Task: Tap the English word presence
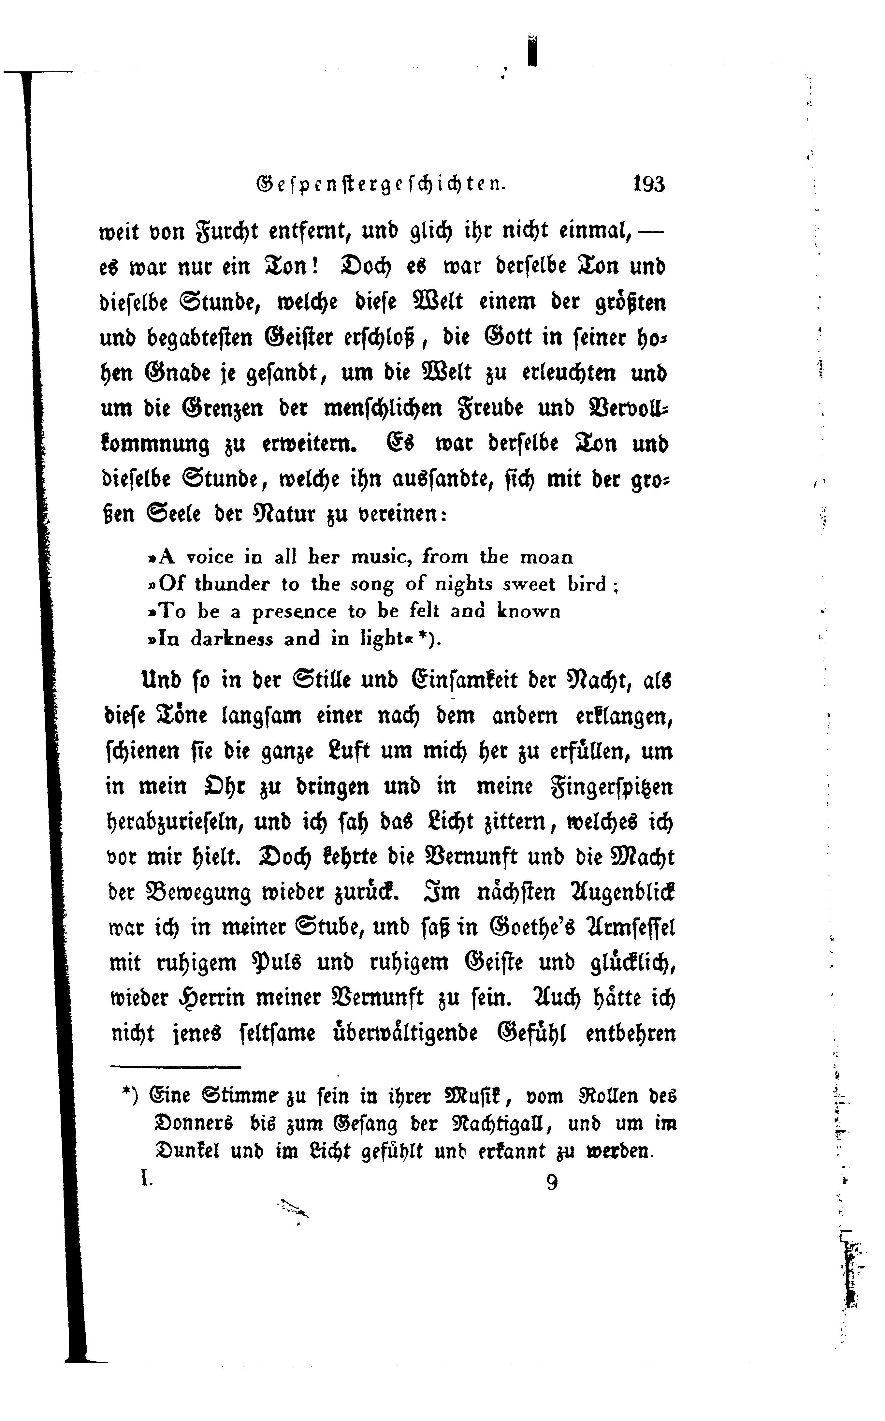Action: tap(295, 612)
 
